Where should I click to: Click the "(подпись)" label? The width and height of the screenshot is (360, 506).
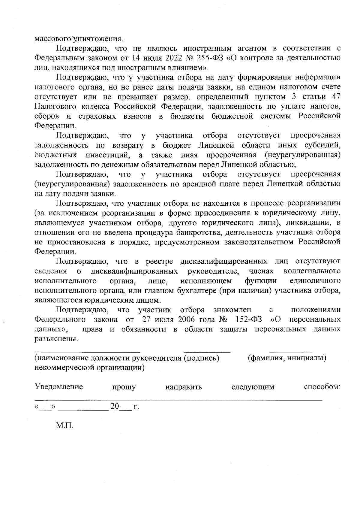[x=202, y=358]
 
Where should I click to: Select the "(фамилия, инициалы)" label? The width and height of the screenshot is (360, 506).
[x=287, y=358]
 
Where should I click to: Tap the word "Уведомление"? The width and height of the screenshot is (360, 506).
[x=59, y=387]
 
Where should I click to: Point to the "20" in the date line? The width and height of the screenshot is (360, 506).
[x=115, y=407]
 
